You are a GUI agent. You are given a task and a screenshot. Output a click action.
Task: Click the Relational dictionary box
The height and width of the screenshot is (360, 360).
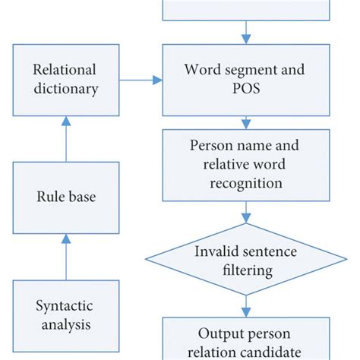tap(65, 79)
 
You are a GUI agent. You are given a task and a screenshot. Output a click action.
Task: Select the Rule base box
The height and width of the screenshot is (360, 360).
tap(65, 196)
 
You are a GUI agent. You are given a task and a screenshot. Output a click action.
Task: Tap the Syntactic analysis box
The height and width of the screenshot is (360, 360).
tap(65, 315)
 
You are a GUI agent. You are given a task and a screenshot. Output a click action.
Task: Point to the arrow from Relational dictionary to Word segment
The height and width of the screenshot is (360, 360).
tap(141, 79)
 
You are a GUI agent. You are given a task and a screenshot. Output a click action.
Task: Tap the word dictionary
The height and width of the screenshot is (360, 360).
tap(65, 89)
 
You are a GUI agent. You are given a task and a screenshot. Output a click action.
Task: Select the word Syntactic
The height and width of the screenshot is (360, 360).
tap(65, 305)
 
